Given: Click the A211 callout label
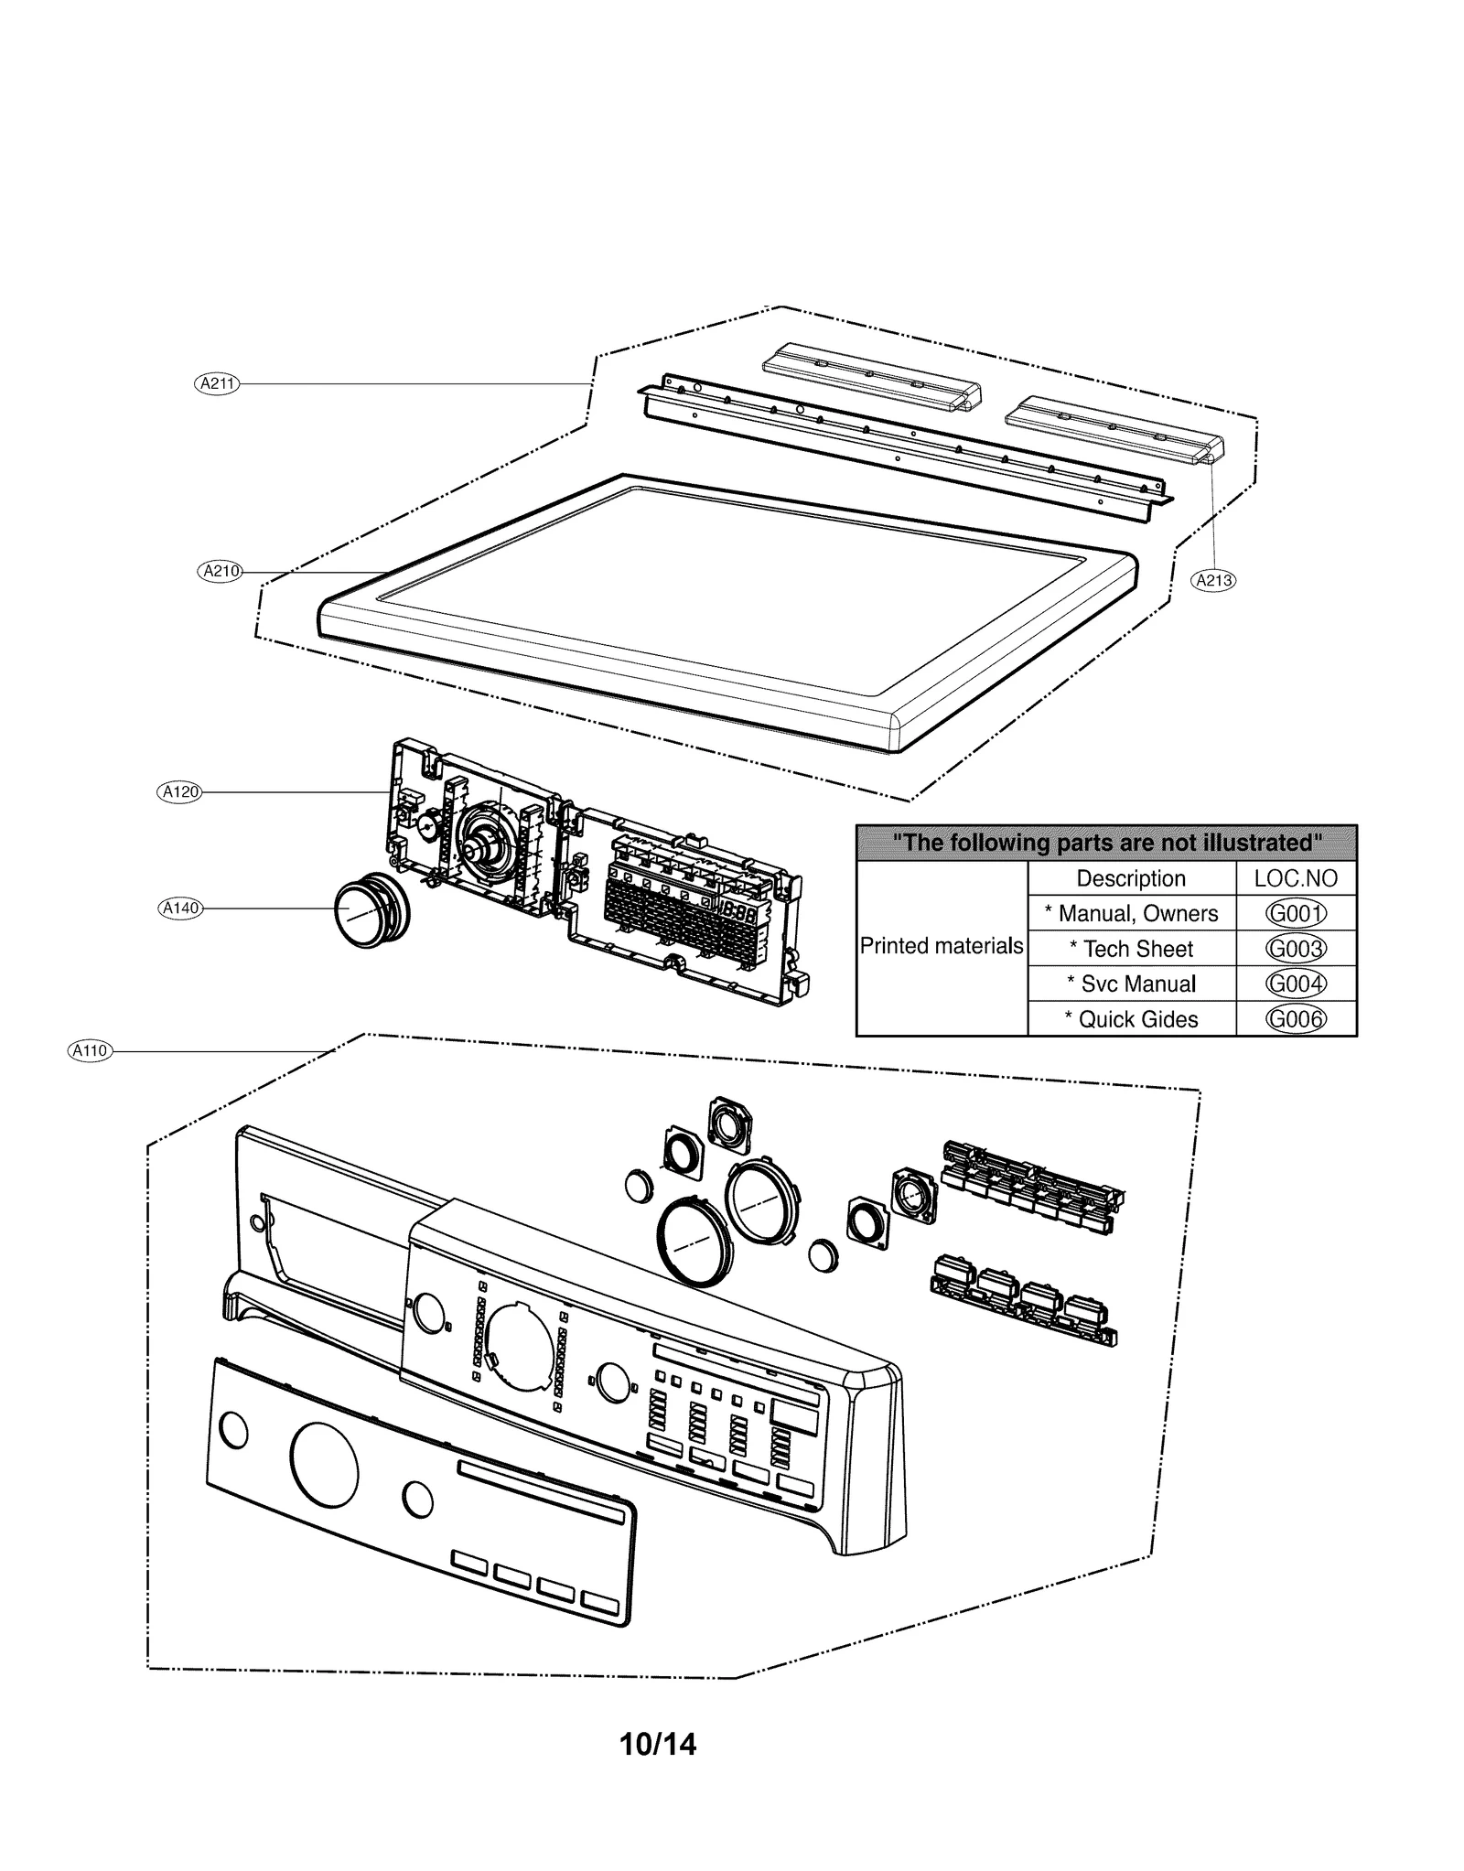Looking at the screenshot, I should tap(217, 384).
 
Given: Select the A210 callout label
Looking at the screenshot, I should tap(220, 572).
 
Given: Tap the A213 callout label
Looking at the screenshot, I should tap(1213, 580).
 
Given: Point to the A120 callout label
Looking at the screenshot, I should tap(179, 791).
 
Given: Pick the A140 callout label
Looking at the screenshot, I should tap(179, 909).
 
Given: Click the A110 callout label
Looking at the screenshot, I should tap(90, 1051).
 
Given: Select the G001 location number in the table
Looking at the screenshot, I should tap(1296, 913).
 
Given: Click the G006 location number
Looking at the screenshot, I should tap(1296, 1019).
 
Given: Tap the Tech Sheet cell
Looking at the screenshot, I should tap(1131, 949).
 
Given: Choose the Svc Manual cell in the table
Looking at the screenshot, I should tap(1131, 984).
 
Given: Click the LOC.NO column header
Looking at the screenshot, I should tap(1296, 878).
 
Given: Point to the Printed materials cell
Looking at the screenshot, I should tap(942, 946).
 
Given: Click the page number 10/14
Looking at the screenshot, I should tap(658, 1745).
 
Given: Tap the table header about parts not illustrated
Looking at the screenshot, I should tap(1106, 843).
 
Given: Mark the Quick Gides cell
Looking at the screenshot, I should tap(1131, 1019).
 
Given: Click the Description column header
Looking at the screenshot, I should tap(1131, 878).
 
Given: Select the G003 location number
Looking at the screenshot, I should tap(1296, 949).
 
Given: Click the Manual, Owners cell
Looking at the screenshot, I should tap(1131, 913).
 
